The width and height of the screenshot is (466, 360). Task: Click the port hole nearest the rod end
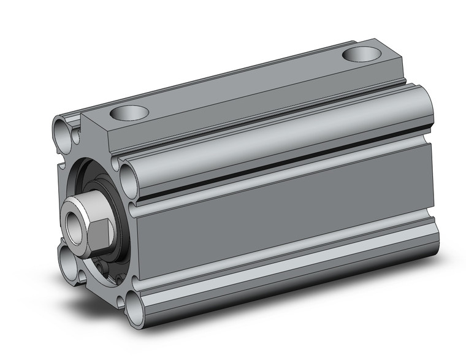(131, 113)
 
